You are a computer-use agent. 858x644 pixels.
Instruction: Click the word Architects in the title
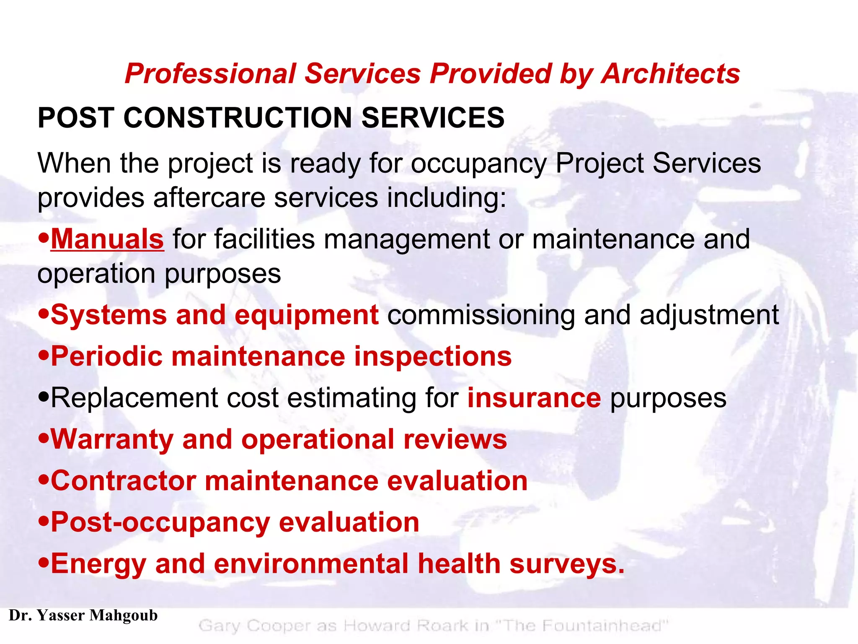670,74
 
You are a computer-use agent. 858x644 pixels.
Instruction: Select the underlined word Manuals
107,239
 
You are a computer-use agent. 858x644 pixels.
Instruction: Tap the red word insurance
534,397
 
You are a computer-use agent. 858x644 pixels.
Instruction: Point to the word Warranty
112,439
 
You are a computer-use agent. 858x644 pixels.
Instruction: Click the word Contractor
124,480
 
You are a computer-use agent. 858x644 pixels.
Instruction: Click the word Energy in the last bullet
98,564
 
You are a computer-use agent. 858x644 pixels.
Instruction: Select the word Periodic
106,356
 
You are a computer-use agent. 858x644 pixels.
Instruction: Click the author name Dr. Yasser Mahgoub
83,615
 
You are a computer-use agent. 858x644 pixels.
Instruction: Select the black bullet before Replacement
44,397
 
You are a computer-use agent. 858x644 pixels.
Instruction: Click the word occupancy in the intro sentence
478,164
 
